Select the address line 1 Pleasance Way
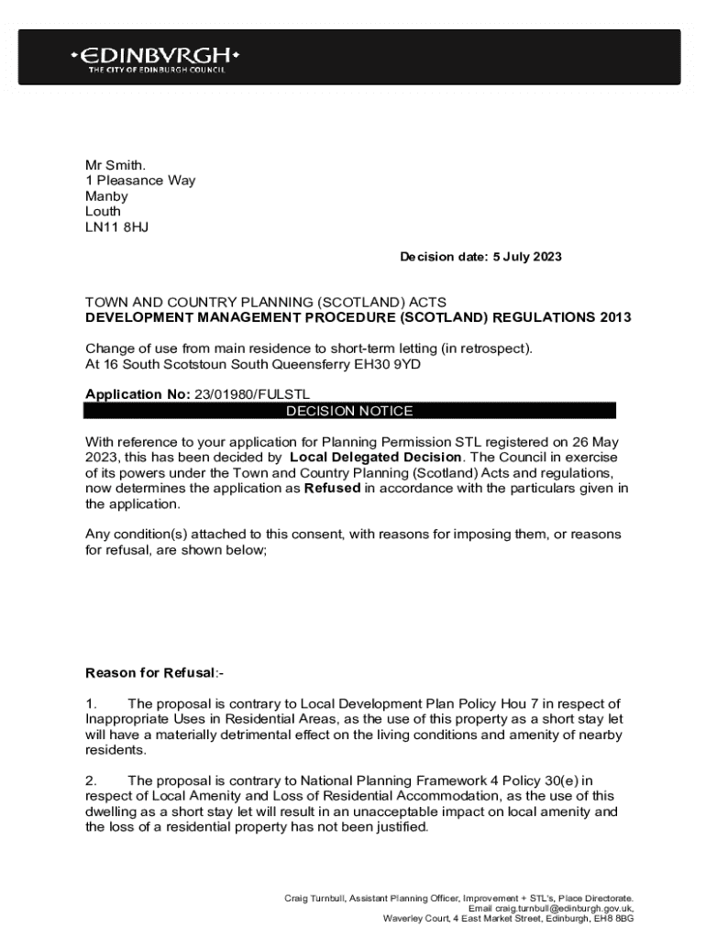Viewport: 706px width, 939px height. click(x=140, y=181)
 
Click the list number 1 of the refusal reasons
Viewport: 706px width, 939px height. click(x=90, y=703)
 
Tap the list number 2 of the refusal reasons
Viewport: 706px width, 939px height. click(x=91, y=780)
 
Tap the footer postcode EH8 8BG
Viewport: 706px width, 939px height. click(x=612, y=918)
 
